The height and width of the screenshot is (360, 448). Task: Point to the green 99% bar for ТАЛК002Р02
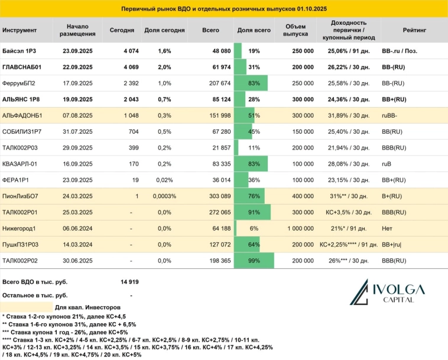coord(254,260)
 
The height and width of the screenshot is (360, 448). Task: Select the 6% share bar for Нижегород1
coord(236,228)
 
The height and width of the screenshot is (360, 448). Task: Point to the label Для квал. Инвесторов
coord(88,308)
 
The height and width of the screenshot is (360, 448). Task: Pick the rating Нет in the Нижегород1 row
coord(388,228)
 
